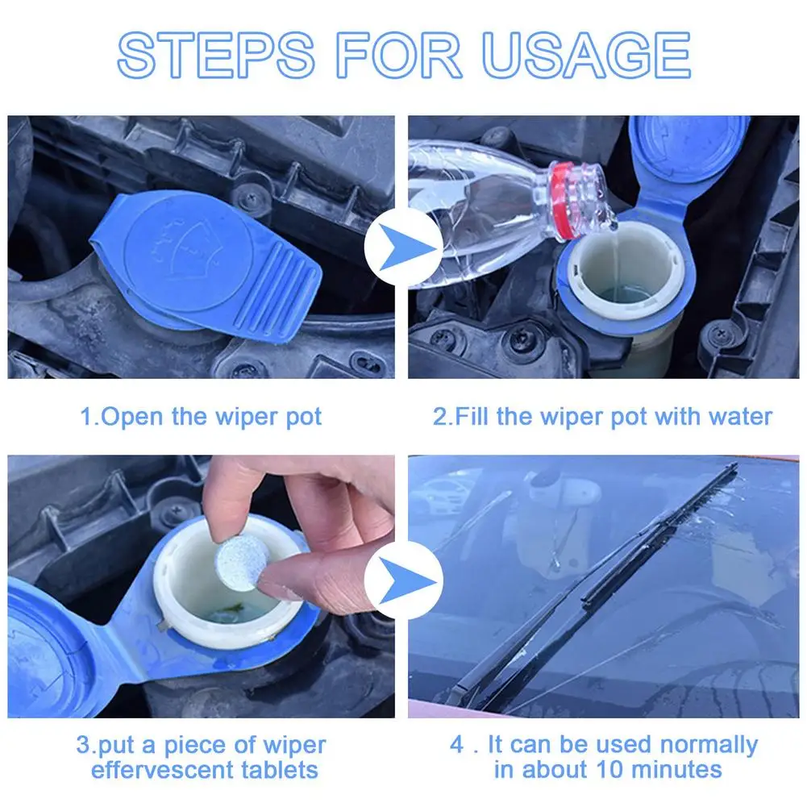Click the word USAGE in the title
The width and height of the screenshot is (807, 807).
(x=586, y=55)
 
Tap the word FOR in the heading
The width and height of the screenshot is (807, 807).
(x=398, y=55)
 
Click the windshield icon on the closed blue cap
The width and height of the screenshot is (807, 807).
(x=185, y=246)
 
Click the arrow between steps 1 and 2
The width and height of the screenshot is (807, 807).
(x=403, y=248)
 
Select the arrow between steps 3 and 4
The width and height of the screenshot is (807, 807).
(x=403, y=581)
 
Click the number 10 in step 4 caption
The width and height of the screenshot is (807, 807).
(x=609, y=770)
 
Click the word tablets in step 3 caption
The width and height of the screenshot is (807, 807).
(x=280, y=770)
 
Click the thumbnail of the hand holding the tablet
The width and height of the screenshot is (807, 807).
(x=202, y=586)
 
